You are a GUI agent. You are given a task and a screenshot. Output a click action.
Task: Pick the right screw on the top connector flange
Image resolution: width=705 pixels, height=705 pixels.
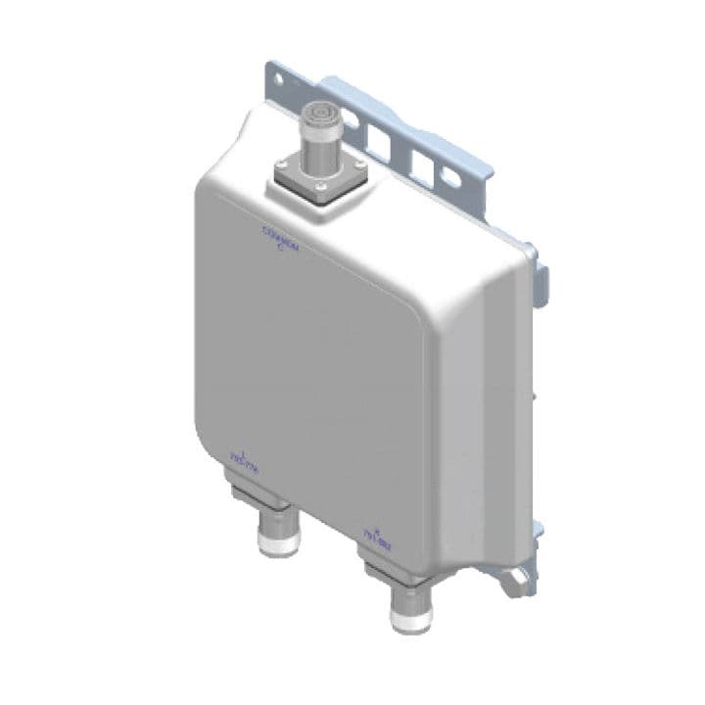point(360,164)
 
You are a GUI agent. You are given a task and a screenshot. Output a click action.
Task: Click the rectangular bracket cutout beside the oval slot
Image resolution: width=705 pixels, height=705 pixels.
point(423,165)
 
